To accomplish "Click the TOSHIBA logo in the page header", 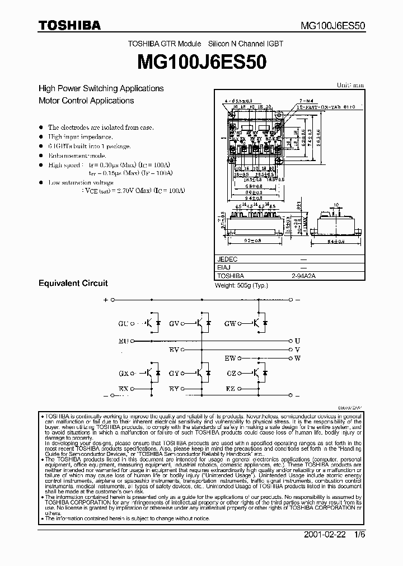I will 69,25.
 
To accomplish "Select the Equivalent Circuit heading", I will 73,283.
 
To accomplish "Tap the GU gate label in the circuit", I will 123,323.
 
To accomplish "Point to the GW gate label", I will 230,323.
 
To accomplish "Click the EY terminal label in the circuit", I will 174,388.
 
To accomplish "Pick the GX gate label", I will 123,372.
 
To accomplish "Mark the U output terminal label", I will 297,340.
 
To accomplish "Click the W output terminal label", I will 297,357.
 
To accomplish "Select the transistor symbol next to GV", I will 199,323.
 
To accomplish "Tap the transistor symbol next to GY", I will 199,372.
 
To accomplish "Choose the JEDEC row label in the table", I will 227,260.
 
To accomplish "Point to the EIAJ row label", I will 224,268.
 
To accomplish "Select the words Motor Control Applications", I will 86,101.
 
